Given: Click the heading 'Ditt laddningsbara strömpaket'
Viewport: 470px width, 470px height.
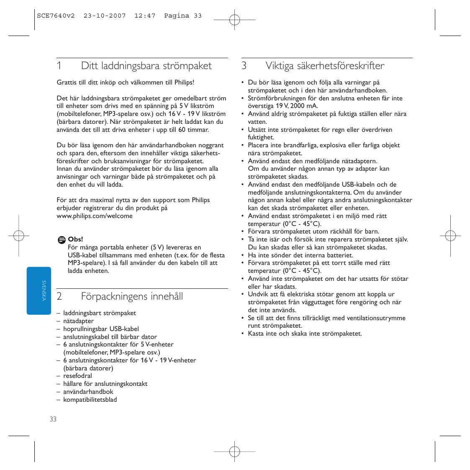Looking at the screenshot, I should [146, 66].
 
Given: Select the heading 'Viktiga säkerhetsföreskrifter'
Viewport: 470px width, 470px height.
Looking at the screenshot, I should [325, 66].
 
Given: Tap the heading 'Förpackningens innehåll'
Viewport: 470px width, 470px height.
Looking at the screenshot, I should [132, 296].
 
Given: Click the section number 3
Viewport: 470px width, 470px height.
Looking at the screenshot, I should [244, 66].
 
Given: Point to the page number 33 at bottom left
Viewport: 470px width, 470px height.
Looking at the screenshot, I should [53, 419].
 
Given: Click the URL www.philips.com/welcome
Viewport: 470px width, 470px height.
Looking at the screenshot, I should [95, 216].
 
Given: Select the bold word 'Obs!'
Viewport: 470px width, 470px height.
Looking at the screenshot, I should [75, 239].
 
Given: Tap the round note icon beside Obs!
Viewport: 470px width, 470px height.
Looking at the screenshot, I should [62, 240].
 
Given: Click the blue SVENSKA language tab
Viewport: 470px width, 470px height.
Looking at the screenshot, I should [39, 290].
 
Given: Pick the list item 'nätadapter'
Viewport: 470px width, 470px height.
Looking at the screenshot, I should [78, 321].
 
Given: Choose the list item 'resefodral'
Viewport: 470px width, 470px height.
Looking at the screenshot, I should [77, 376].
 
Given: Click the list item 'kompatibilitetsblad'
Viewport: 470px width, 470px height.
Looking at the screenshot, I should [90, 400].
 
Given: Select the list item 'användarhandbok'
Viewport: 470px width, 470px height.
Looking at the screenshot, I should [88, 392].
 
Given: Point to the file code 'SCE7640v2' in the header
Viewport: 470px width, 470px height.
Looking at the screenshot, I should [56, 16].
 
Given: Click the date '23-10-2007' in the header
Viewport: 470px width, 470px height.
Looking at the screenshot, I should [105, 16].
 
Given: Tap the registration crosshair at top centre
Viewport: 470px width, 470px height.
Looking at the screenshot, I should [235, 19].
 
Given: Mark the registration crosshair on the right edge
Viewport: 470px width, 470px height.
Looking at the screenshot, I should [450, 236].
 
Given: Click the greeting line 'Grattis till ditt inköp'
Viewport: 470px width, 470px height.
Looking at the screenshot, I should [126, 82].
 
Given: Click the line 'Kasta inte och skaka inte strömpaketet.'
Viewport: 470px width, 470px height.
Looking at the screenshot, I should [305, 334].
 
